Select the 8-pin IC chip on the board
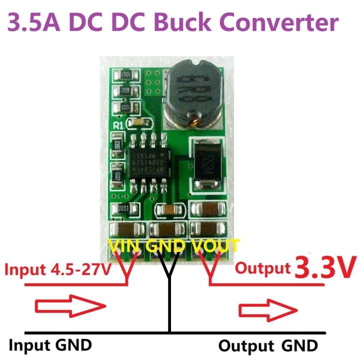click(x=147, y=161)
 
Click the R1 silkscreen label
click(x=118, y=125)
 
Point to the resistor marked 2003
click(x=122, y=208)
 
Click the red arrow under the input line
click(x=69, y=306)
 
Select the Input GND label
click(x=50, y=344)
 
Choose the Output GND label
click(x=268, y=345)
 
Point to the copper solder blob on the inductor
click(x=192, y=120)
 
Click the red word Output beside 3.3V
click(x=263, y=268)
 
